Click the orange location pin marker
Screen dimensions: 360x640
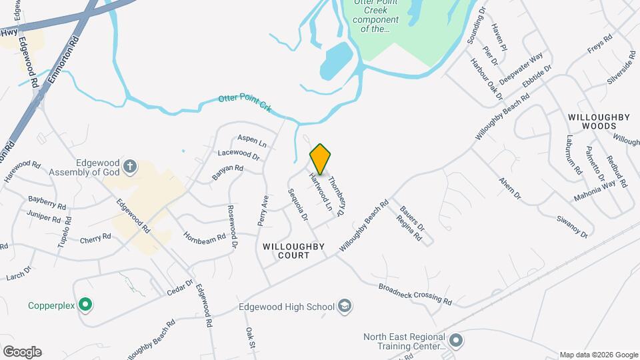coord(321,159)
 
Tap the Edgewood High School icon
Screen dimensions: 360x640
coord(345,307)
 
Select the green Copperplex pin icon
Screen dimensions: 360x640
coord(85,305)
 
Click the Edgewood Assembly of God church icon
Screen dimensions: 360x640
coord(131,166)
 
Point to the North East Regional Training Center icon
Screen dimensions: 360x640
coord(456,341)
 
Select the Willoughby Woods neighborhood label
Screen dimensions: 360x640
coord(599,121)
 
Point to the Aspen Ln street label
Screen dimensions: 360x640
coord(252,141)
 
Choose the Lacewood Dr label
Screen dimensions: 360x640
coord(238,155)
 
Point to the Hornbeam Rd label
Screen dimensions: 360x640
coord(205,237)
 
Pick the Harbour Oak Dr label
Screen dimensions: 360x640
coord(485,80)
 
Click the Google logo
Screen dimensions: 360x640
coord(22,351)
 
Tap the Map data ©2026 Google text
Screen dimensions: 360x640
coord(598,355)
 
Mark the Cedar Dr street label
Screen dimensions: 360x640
coord(179,288)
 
